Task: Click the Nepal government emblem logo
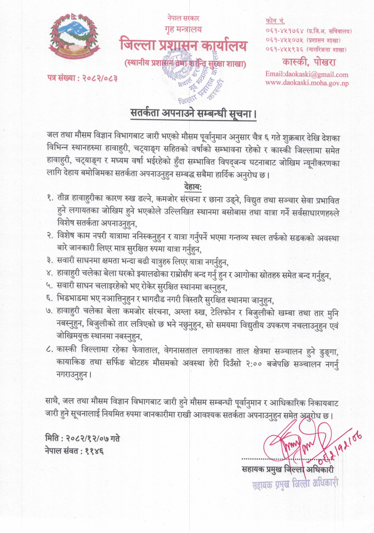click(74, 36)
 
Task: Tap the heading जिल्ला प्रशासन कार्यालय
click(183, 45)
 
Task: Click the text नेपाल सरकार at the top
click(183, 18)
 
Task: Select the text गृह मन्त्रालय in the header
click(183, 29)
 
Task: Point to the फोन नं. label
click(275, 21)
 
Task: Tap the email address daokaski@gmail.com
click(306, 74)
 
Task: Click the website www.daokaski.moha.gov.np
click(307, 83)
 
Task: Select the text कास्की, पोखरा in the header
click(309, 62)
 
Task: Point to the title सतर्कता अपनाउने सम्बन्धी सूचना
click(193, 113)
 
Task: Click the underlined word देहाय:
click(193, 186)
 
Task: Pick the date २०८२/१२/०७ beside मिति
click(88, 438)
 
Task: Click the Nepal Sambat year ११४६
click(94, 451)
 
